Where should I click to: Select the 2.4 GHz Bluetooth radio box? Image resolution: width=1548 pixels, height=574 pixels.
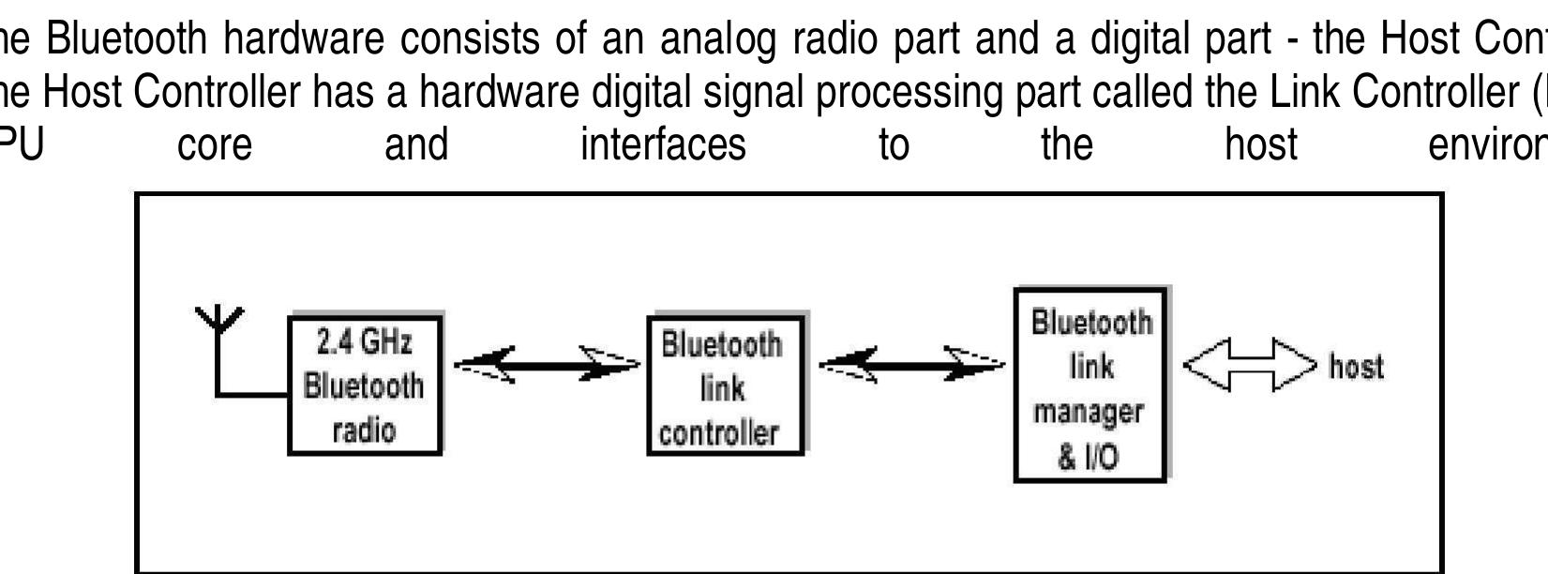pyautogui.click(x=364, y=385)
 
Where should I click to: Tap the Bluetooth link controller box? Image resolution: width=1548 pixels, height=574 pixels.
pyautogui.click(x=725, y=385)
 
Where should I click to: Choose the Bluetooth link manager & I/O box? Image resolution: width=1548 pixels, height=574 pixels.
pyautogui.click(x=1091, y=385)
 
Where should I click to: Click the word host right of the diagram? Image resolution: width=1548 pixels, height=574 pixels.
pyautogui.click(x=1356, y=366)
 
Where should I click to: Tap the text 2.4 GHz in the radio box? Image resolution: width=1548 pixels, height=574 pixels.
pyautogui.click(x=364, y=342)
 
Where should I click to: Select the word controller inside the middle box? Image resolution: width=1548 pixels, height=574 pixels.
pyautogui.click(x=719, y=432)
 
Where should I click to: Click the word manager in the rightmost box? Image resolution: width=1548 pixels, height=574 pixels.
pyautogui.click(x=1090, y=412)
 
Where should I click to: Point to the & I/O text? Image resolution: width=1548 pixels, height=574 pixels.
pyautogui.click(x=1089, y=457)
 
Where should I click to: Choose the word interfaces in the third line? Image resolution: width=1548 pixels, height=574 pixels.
pyautogui.click(x=663, y=144)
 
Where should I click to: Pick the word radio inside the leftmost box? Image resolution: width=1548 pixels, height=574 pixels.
pyautogui.click(x=364, y=430)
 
